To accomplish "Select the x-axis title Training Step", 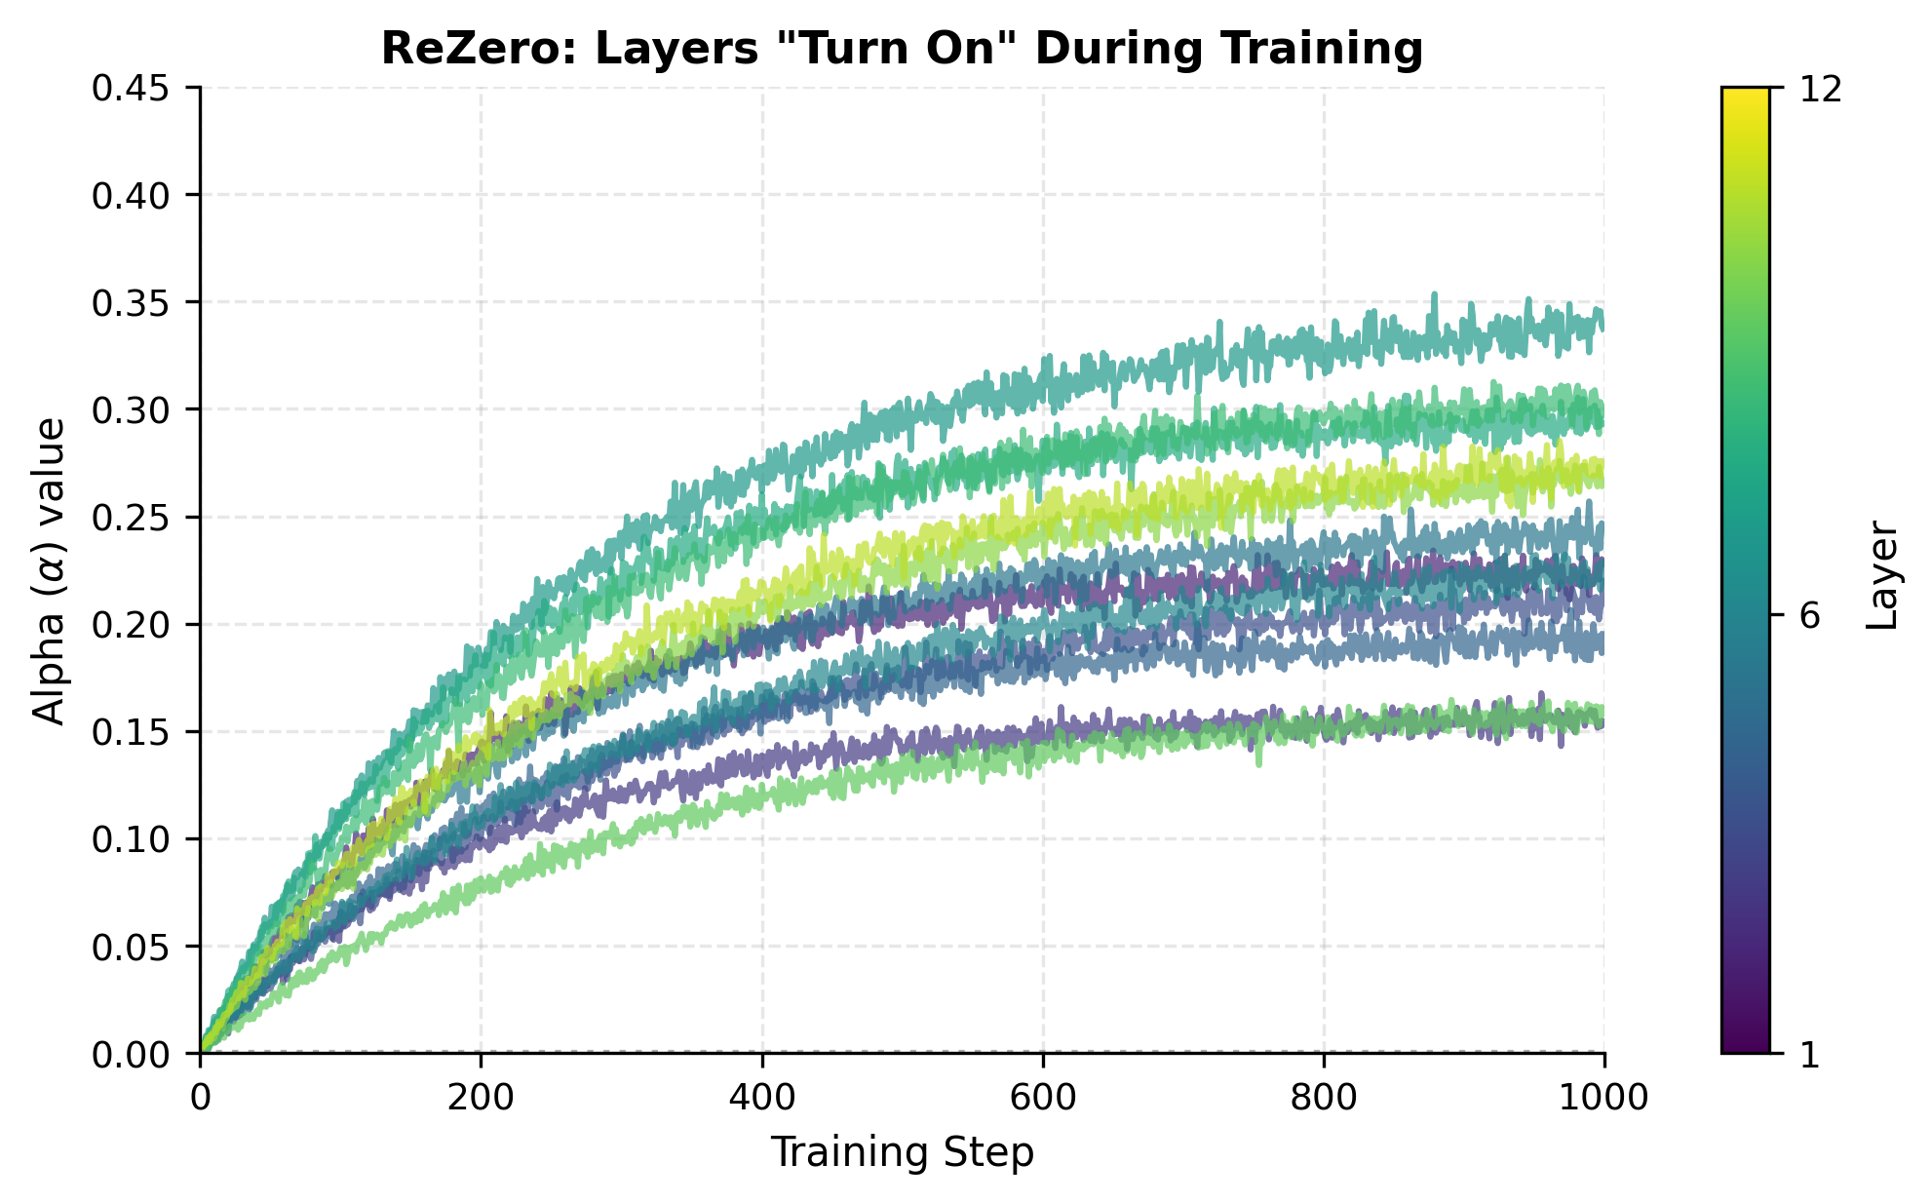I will [x=902, y=1153].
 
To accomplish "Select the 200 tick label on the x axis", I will [x=481, y=1098].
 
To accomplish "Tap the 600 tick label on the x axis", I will [x=1043, y=1098].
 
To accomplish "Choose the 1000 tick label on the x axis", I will [x=1603, y=1098].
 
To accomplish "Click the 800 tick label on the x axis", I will [x=1324, y=1098].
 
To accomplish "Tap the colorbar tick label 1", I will [x=1808, y=1055].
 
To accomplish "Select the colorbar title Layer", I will [x=1883, y=576].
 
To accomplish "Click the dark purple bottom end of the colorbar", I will [x=1745, y=1045].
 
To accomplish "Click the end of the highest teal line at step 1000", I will [x=1602, y=322].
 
